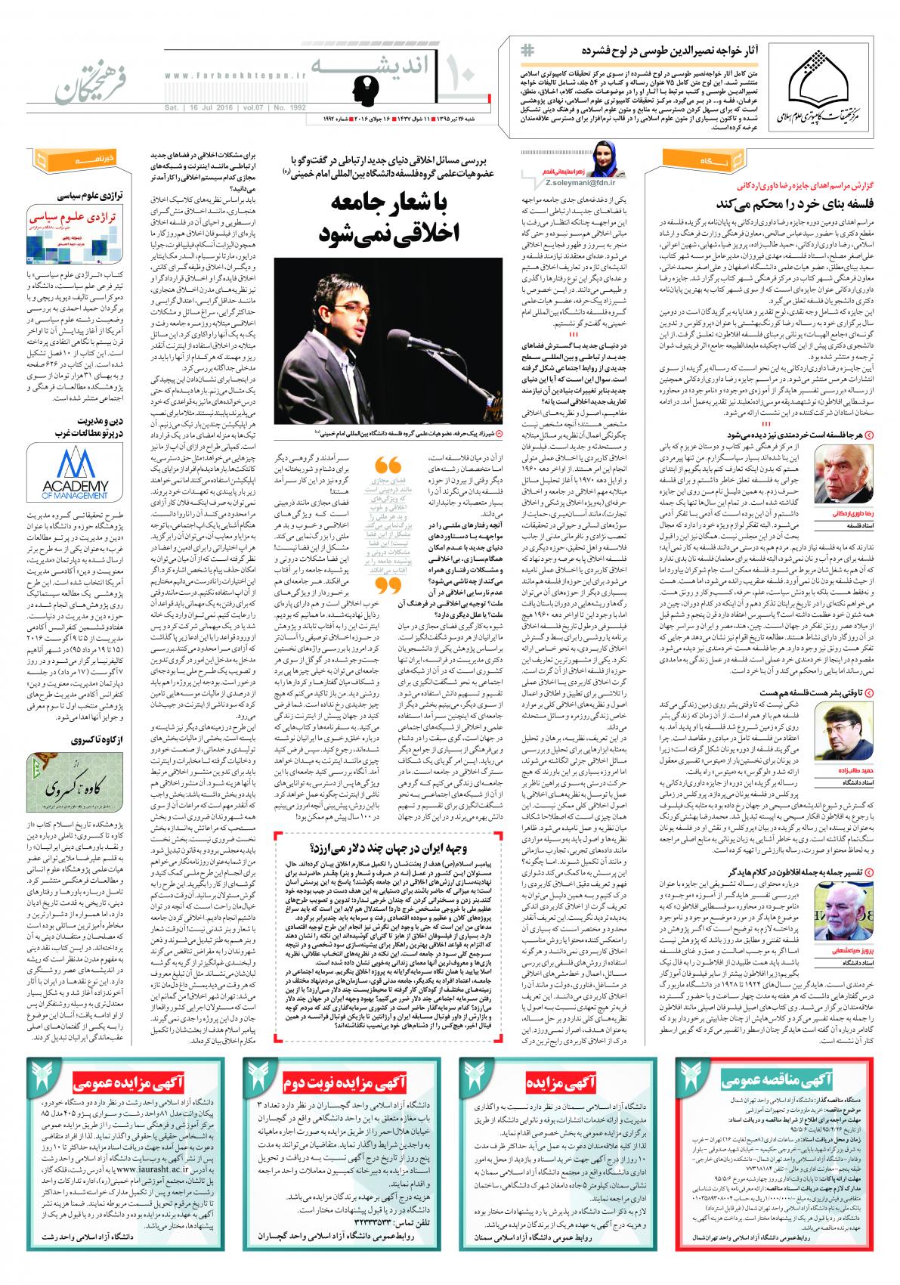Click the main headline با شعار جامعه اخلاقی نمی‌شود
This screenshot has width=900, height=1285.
392,215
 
